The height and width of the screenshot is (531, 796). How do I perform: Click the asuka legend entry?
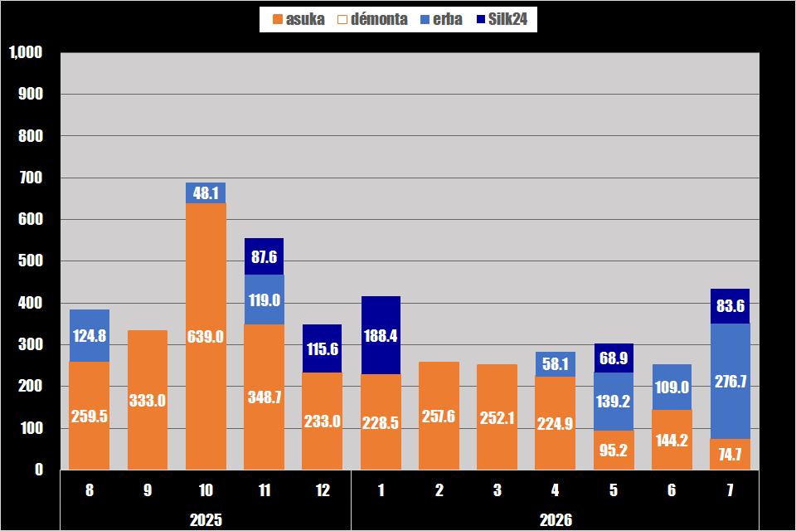298,19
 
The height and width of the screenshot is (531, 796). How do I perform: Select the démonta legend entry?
372,19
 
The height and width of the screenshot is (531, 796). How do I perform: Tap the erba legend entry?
441,19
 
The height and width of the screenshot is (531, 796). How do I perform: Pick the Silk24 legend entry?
502,19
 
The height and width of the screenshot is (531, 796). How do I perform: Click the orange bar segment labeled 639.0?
206,336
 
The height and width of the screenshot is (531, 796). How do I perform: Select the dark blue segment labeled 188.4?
381,335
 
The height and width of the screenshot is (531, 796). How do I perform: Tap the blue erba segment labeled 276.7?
730,381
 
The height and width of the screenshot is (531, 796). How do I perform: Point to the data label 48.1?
206,193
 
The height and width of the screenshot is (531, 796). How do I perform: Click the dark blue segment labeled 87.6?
264,256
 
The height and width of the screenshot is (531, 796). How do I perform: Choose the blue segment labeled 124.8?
90,336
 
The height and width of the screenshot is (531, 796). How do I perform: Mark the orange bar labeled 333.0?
148,400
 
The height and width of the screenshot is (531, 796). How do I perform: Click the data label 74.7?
730,455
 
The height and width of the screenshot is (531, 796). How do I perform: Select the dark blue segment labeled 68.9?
614,358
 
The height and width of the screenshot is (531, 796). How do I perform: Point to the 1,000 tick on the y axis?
26,52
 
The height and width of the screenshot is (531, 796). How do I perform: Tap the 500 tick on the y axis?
31,261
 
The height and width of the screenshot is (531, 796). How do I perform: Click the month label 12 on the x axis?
323,490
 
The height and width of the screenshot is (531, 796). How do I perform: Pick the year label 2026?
556,520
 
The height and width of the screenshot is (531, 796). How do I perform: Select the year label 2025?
206,520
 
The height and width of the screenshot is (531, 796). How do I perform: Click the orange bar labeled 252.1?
497,417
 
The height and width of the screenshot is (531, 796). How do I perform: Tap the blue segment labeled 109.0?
672,387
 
